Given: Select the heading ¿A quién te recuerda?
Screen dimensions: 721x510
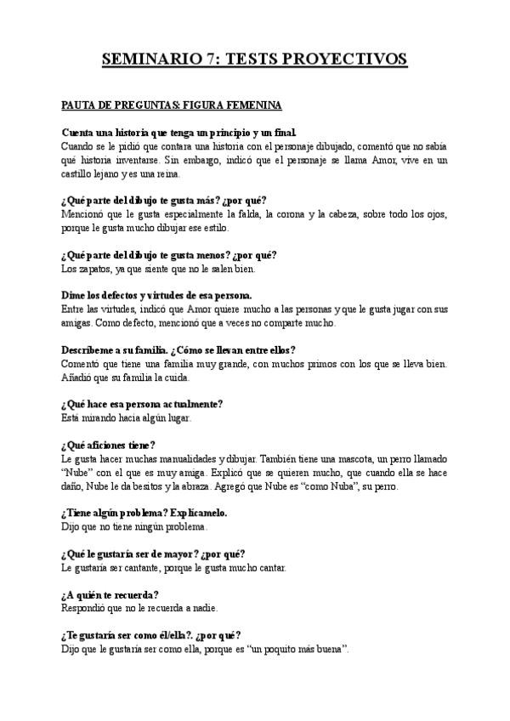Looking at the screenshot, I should [x=110, y=594].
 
